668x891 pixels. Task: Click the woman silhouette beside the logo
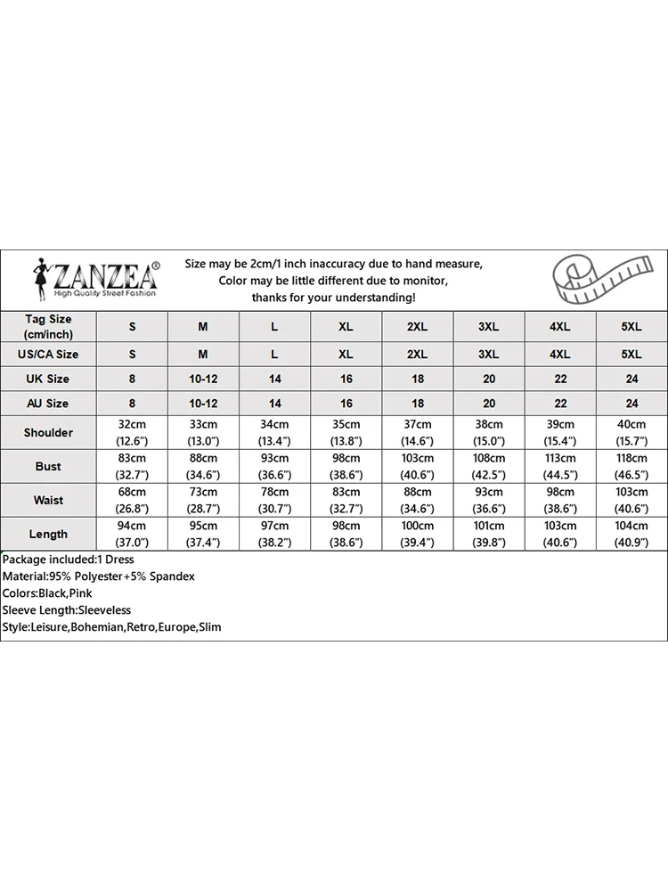40,278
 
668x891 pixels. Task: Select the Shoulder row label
48,432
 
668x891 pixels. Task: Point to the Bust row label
48,466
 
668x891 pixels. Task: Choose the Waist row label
48,500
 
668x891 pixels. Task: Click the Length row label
48,534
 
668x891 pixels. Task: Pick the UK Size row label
48,379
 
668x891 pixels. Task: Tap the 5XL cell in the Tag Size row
631,327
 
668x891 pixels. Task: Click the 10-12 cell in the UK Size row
203,379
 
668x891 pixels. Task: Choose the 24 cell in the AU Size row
631,404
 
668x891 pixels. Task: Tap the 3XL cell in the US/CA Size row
488,354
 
